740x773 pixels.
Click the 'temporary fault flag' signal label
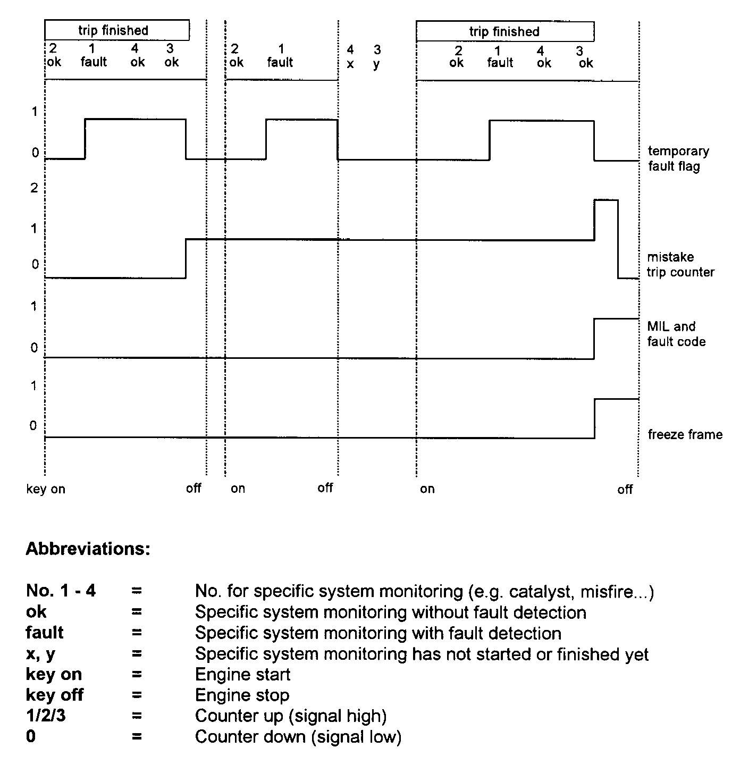[678, 159]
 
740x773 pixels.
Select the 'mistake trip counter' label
[680, 265]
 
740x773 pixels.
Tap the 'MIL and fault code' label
[676, 334]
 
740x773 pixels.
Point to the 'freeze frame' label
[685, 435]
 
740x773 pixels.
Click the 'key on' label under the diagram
[46, 489]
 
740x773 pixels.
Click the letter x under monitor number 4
[350, 64]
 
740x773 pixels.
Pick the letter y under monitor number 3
[376, 64]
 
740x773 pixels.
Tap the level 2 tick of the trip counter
[35, 188]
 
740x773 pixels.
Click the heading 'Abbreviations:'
[88, 549]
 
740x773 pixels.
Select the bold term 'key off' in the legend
[54, 695]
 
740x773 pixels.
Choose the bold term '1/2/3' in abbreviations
[46, 716]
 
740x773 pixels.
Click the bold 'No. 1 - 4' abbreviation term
[61, 591]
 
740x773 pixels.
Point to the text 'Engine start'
[242, 675]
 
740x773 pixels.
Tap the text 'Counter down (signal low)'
[298, 737]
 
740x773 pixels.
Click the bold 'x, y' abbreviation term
[40, 654]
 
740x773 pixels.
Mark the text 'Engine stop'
[242, 695]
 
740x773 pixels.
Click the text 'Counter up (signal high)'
[290, 716]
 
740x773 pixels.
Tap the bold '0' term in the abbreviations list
[31, 737]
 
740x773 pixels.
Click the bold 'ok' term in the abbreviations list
[36, 612]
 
